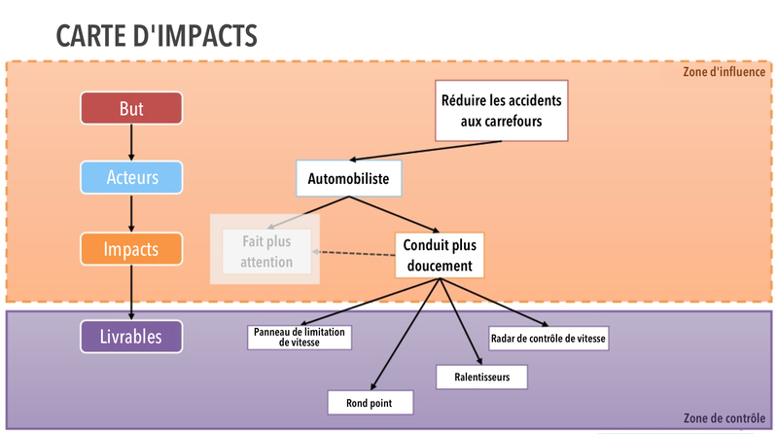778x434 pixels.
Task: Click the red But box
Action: [131, 108]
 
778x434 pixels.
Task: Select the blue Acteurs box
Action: [131, 177]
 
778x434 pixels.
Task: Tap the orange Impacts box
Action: [131, 249]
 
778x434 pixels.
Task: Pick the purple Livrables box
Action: [131, 337]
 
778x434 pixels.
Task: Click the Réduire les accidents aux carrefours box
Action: [501, 111]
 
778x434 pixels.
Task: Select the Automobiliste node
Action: [349, 178]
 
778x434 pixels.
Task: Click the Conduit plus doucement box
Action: [440, 255]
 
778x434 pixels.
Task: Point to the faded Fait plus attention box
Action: [266, 251]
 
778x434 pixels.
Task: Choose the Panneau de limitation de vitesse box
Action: [300, 337]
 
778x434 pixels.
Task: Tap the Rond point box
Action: [371, 403]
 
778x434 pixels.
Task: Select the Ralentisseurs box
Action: [481, 377]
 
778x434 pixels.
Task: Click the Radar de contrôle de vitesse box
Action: [548, 339]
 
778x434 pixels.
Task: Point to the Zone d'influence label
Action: [724, 72]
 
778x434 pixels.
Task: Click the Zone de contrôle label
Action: [725, 418]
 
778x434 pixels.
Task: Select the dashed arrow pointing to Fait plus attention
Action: [354, 253]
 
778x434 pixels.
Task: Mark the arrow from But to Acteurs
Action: [131, 142]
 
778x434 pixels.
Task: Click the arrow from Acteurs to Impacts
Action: [131, 213]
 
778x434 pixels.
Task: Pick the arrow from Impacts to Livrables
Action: [131, 293]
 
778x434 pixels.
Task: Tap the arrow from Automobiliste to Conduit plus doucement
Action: [395, 214]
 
